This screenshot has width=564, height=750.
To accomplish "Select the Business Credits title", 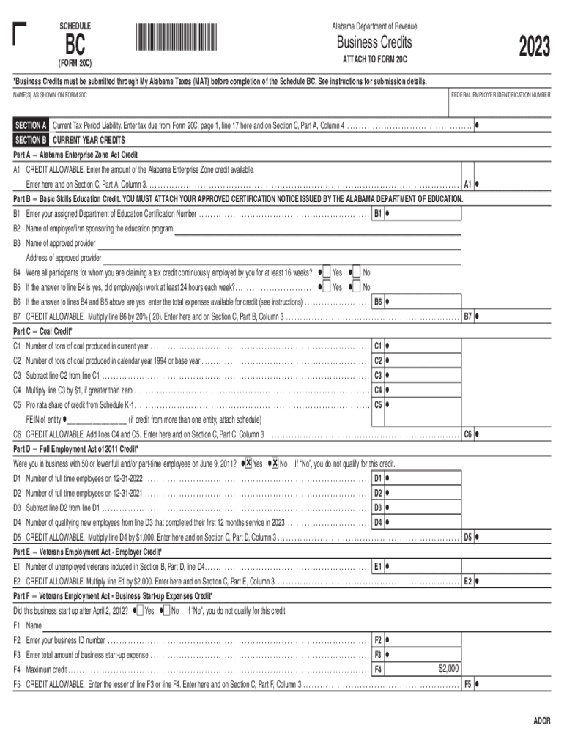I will point(374,42).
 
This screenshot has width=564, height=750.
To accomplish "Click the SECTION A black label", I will point(31,126).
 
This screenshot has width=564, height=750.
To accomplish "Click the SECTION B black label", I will point(31,139).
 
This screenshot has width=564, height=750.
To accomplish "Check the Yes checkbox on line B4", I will point(326,272).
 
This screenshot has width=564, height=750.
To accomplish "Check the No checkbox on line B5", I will point(357,287).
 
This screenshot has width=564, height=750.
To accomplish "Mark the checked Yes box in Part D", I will point(248,464).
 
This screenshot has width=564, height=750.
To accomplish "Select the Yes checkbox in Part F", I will point(140,611).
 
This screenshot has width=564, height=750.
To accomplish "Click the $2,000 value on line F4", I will point(448,669).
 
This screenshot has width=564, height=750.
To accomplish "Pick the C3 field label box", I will point(377,375).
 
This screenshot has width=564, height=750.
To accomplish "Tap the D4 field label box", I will point(377,523).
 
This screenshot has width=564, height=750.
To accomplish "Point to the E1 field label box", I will point(377,566).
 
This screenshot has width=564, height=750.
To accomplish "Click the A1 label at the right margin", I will point(467,184).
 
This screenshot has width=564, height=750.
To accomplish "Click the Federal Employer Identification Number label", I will point(500,95).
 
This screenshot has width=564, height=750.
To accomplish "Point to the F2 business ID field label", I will point(378,639).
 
